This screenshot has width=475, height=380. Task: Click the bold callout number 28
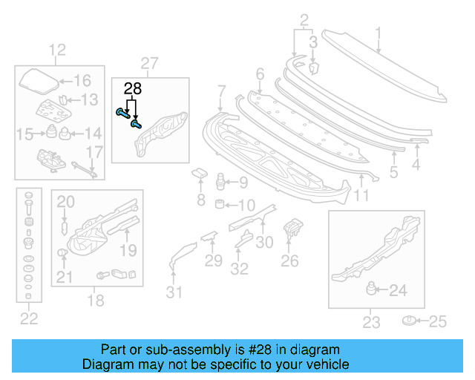[x=132, y=90]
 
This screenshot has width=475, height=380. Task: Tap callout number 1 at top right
[x=378, y=33]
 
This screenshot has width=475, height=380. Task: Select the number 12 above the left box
[x=57, y=50]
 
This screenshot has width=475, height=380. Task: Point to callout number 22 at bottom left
[x=28, y=319]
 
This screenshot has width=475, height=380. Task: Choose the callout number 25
[x=439, y=321]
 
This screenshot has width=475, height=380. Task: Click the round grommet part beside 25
[x=408, y=321]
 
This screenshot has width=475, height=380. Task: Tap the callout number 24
[x=398, y=291]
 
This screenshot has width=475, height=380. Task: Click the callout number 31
[x=173, y=292]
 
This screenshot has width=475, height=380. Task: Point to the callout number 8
[x=200, y=200]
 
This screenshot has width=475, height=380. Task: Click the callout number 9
[x=244, y=183]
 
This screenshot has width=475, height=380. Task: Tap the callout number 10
[x=246, y=205]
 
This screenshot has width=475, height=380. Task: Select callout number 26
[x=289, y=260]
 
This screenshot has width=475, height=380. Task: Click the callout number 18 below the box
[x=96, y=301]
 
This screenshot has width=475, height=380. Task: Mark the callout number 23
[x=371, y=322]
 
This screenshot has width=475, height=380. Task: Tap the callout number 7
[x=221, y=91]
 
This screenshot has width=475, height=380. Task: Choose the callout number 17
[x=95, y=153]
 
